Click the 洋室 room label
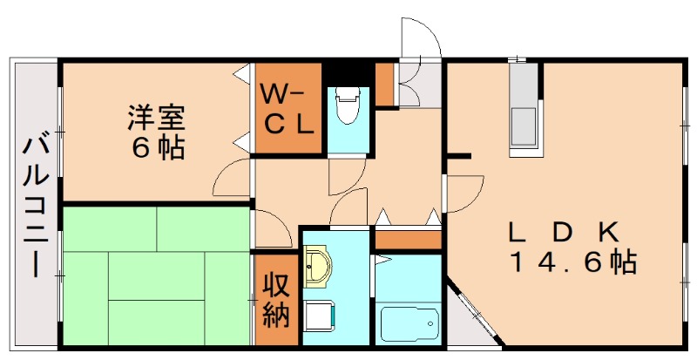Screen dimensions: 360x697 point(157,116)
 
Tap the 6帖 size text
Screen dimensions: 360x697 point(157,148)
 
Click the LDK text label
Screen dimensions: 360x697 point(564,232)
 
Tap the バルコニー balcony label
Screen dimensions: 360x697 point(34,205)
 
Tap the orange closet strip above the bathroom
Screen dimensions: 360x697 point(408,238)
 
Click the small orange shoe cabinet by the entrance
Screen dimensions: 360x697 point(384,84)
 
